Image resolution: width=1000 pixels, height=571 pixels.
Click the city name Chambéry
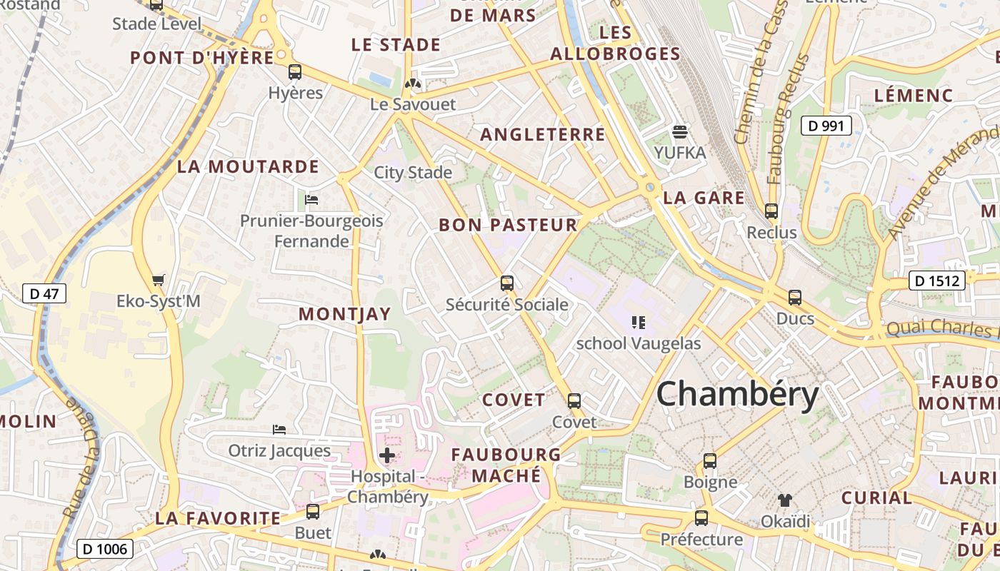pyautogui.click(x=737, y=394)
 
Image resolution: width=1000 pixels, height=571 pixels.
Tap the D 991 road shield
pyautogui.click(x=826, y=126)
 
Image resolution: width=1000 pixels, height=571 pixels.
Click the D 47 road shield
pyautogui.click(x=44, y=293)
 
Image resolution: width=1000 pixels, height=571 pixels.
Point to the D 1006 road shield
pyautogui.click(x=104, y=549)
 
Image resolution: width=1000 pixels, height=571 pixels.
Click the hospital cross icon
pyautogui.click(x=387, y=455)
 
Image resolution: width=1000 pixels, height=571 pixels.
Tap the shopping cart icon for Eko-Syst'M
pyautogui.click(x=159, y=280)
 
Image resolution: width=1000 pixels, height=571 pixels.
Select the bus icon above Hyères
pyautogui.click(x=295, y=71)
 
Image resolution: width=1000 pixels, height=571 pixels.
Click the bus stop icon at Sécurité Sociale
pyautogui.click(x=507, y=283)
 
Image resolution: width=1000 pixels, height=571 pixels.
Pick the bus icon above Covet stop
pyautogui.click(x=574, y=400)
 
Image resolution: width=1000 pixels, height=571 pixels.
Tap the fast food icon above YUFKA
pyautogui.click(x=680, y=131)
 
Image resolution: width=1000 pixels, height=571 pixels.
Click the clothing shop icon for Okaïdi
pyautogui.click(x=785, y=500)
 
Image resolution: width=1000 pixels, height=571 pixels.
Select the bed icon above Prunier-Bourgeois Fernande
pyautogui.click(x=311, y=199)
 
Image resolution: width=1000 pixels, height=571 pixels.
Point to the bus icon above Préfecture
pyautogui.click(x=701, y=517)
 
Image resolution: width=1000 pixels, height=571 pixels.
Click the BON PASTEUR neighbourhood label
pyautogui.click(x=508, y=226)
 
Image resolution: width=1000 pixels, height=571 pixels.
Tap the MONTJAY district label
pyautogui.click(x=345, y=314)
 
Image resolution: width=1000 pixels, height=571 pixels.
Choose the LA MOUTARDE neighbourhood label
pyautogui.click(x=248, y=167)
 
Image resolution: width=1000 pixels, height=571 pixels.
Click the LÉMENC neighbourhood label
pyautogui.click(x=914, y=96)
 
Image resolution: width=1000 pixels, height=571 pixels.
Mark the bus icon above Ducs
pyautogui.click(x=795, y=298)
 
